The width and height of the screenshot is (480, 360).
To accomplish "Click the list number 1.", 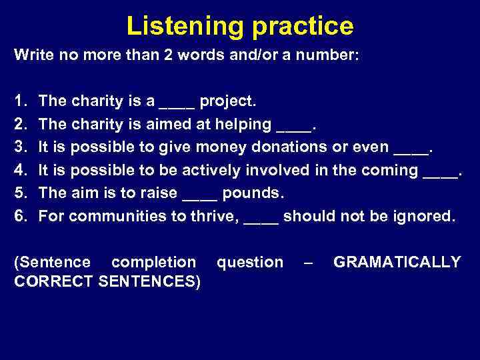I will point(19,101).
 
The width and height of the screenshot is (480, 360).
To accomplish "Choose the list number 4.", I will point(19,170).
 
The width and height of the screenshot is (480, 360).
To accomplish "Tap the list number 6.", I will point(19,215).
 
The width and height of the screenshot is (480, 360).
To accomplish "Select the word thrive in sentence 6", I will point(216,215).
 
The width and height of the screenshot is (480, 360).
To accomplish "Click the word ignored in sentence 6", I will point(419,215).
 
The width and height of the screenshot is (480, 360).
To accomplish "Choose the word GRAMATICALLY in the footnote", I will point(397,262).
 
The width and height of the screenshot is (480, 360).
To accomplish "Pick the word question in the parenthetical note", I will point(250,263).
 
